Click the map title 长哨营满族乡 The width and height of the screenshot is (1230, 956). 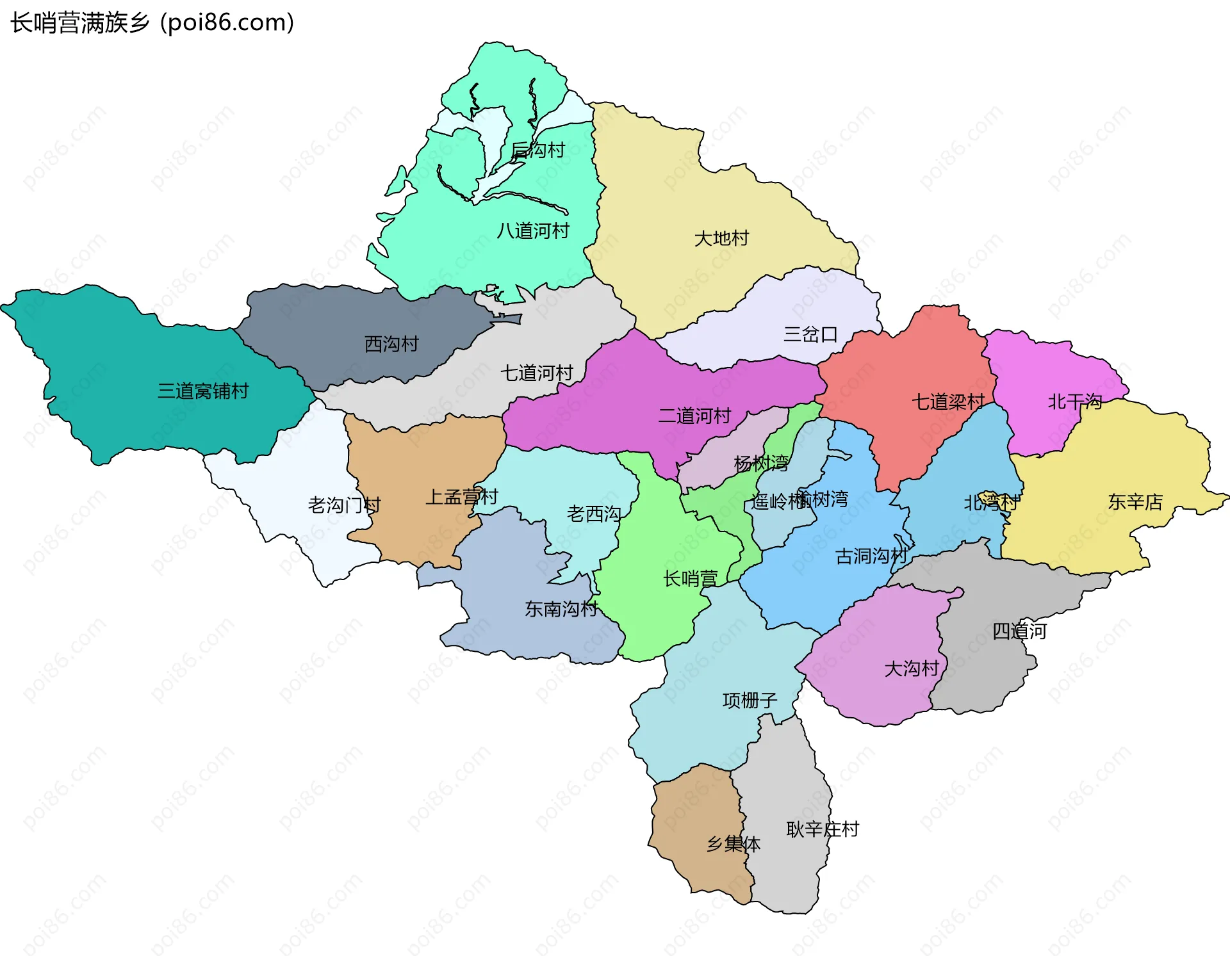point(80,23)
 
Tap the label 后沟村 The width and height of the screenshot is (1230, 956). point(538,150)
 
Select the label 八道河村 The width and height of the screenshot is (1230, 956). point(533,231)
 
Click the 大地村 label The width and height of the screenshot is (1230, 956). point(721,238)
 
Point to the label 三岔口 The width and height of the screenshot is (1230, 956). point(810,334)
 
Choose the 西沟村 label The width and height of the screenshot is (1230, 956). point(391,344)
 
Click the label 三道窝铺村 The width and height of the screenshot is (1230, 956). point(203,391)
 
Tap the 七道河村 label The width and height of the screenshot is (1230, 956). point(537,373)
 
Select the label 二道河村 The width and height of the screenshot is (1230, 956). point(694,416)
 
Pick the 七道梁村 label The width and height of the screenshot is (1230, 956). point(948,402)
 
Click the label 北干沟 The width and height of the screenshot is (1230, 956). point(1074,401)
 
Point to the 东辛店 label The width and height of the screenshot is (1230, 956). point(1135,501)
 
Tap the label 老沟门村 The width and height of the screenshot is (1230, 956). point(344,505)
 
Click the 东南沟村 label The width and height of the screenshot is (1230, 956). point(561,608)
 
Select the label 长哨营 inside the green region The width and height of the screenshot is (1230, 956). point(690,579)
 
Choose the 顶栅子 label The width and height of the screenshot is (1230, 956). point(750,701)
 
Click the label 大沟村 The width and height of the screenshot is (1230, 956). point(911,668)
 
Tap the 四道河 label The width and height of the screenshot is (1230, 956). point(1019,631)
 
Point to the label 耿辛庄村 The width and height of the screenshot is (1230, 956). point(823,829)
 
